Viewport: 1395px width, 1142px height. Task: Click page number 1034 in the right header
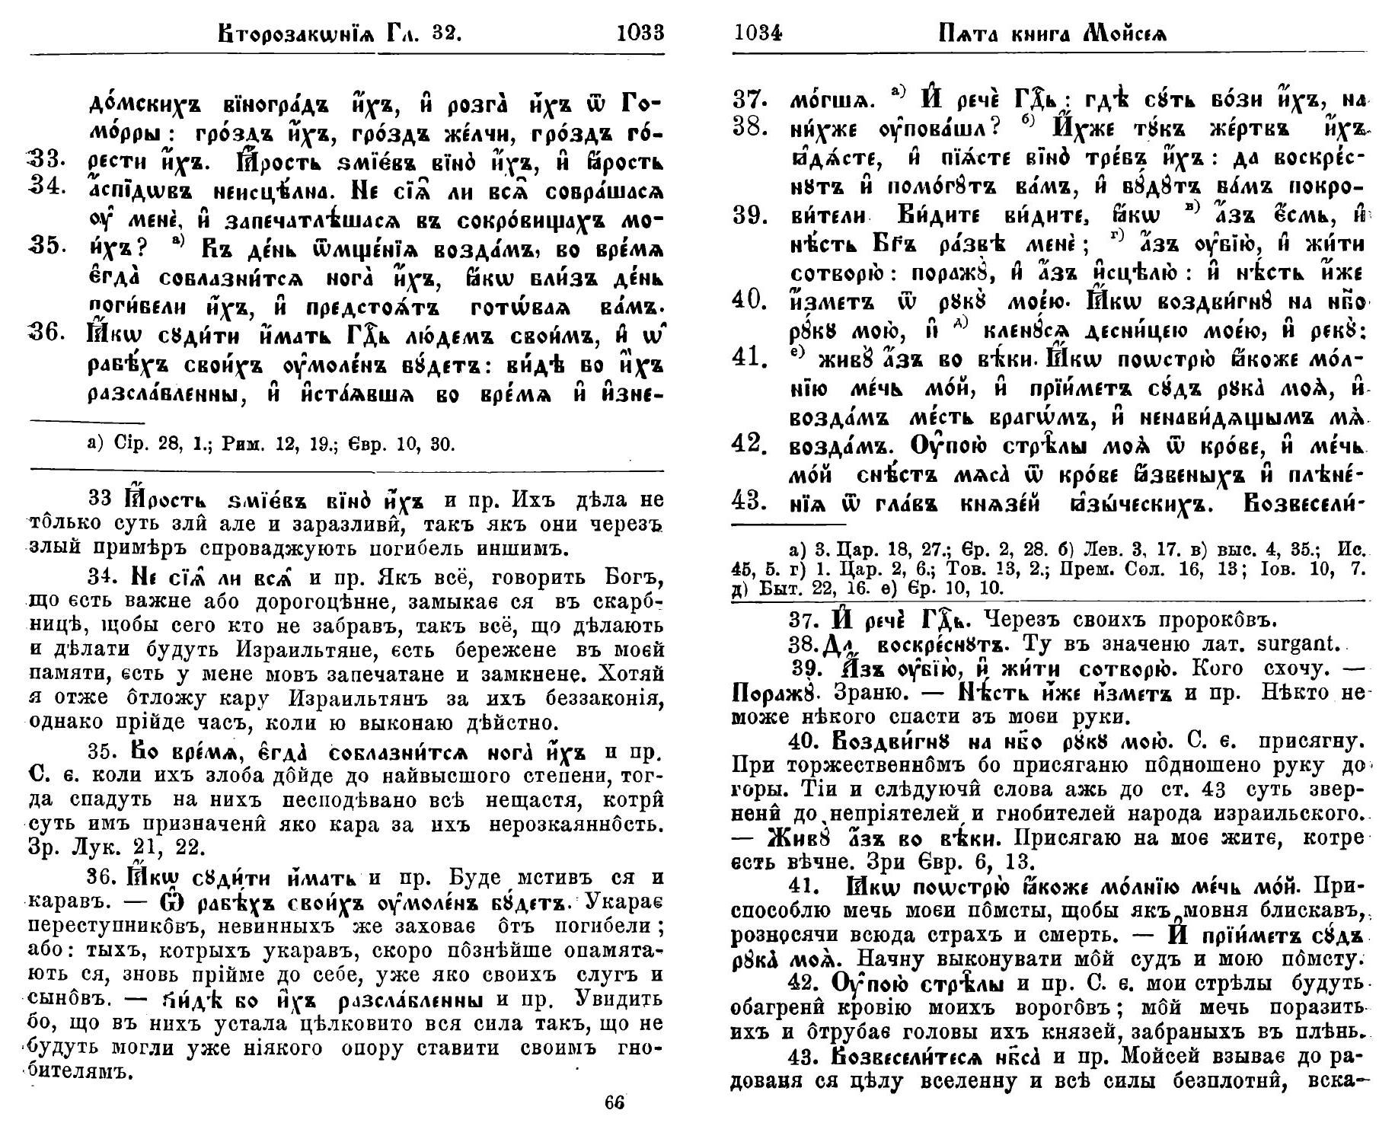[x=758, y=33]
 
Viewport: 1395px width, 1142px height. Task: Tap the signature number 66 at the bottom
[x=614, y=1102]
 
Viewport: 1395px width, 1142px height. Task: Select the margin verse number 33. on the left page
[x=52, y=161]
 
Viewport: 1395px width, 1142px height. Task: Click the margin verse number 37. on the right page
[x=749, y=99]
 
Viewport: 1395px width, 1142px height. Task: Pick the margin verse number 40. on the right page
[x=749, y=300]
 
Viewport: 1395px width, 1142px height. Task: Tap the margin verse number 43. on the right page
[x=749, y=502]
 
